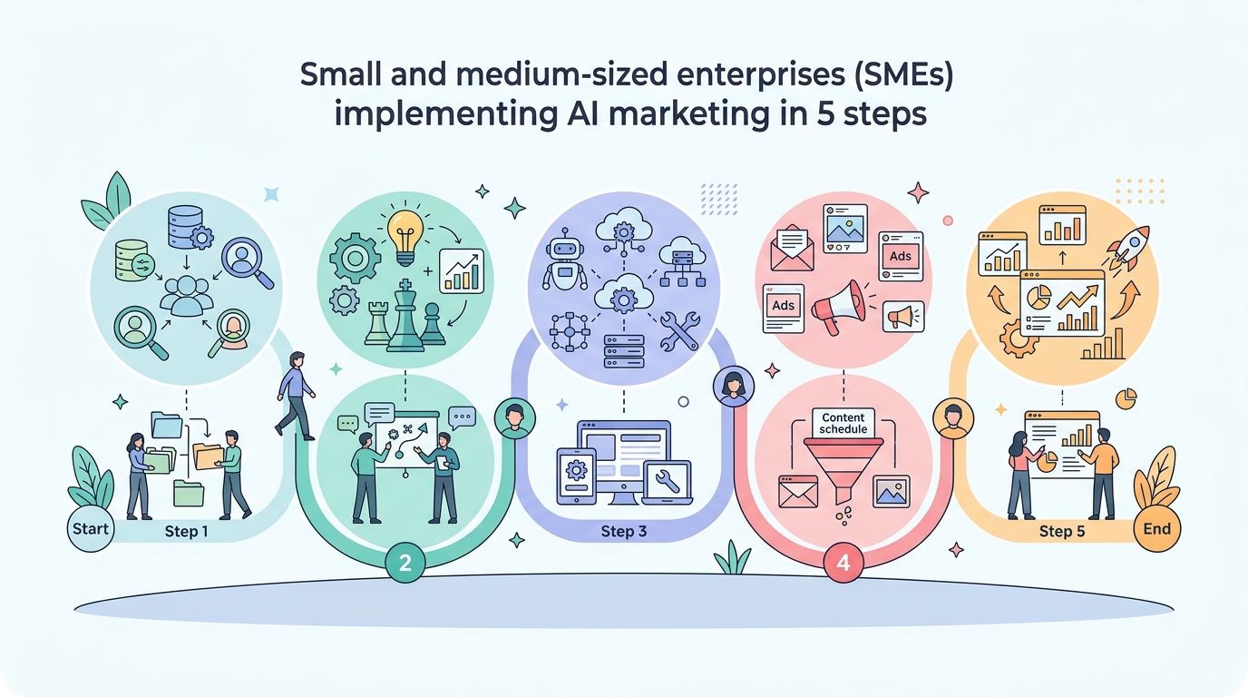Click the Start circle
(x=91, y=528)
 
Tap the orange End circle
(x=1156, y=528)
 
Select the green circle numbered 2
(x=405, y=562)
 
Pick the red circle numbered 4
(x=843, y=562)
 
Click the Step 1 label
(x=186, y=532)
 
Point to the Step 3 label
(x=623, y=532)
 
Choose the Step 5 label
(x=1062, y=532)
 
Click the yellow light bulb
(x=405, y=238)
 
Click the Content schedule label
(x=843, y=423)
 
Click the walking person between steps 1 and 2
(x=296, y=396)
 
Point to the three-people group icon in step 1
(x=187, y=296)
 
